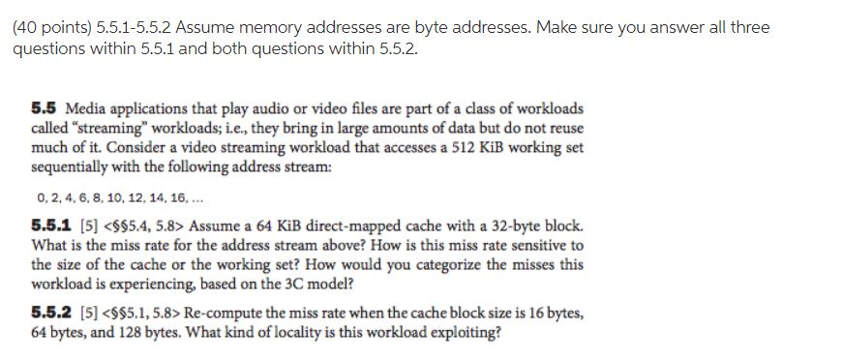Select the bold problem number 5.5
(42, 109)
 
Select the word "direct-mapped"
(330, 226)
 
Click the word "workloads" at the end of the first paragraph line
(550, 109)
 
